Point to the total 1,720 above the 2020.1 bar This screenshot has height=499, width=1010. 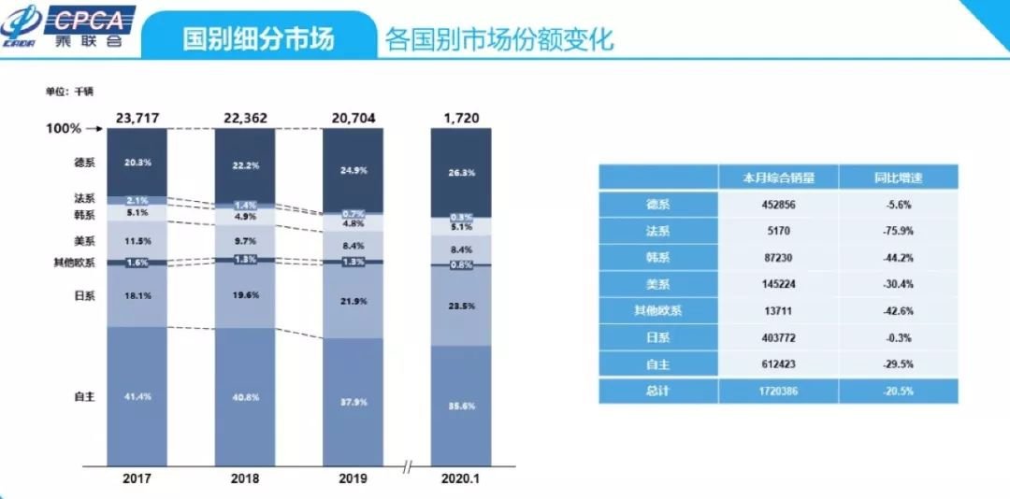point(460,118)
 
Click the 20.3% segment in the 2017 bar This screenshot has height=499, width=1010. point(137,162)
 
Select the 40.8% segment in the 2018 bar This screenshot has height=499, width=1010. point(245,395)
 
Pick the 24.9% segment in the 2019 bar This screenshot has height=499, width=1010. point(353,171)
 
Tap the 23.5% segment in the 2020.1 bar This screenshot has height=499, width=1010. point(460,305)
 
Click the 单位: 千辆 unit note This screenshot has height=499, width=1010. point(70,92)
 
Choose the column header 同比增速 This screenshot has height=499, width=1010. point(898,177)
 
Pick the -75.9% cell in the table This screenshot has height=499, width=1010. point(898,231)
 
